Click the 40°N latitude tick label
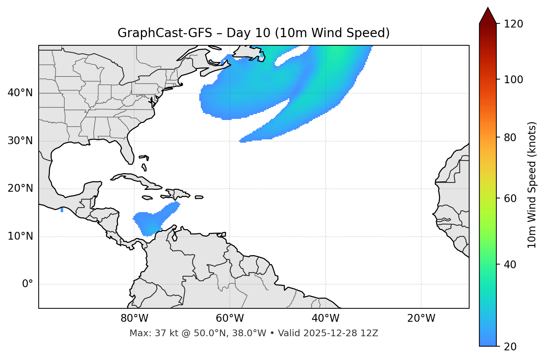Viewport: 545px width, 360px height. pyautogui.click(x=20, y=93)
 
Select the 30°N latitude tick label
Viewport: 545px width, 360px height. pyautogui.click(x=20, y=141)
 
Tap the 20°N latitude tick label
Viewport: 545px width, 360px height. pyautogui.click(x=20, y=188)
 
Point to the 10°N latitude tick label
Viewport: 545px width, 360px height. pyautogui.click(x=20, y=236)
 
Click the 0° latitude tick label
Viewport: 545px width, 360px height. pyautogui.click(x=28, y=284)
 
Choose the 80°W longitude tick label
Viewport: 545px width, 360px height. pyautogui.click(x=134, y=318)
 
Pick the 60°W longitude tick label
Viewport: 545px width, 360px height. pyautogui.click(x=230, y=318)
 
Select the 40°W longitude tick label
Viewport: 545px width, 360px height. pyautogui.click(x=325, y=318)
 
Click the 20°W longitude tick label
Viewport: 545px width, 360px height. pyautogui.click(x=421, y=318)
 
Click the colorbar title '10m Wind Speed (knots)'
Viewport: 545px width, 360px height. pyautogui.click(x=532, y=185)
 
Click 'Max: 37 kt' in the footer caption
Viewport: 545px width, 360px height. pyautogui.click(x=146, y=333)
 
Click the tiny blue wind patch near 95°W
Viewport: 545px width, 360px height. pyautogui.click(x=62, y=210)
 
